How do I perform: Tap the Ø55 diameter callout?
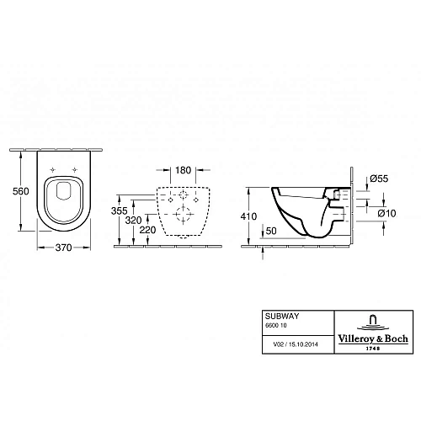379,179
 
